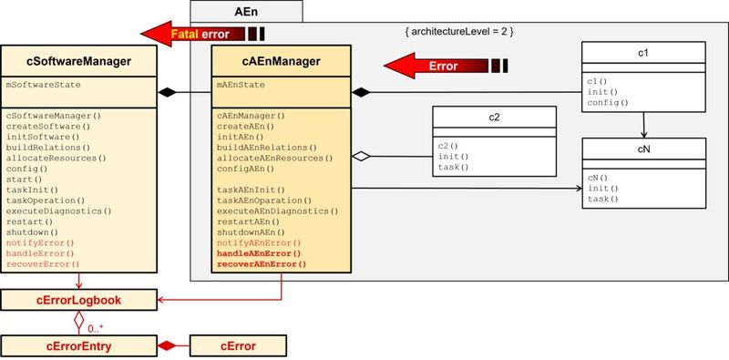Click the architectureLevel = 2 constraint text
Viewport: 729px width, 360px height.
(460, 32)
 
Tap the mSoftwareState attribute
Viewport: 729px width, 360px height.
(43, 84)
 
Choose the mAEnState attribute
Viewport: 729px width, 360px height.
(242, 84)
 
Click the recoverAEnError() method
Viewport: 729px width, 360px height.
(262, 264)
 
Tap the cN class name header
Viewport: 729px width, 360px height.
(643, 148)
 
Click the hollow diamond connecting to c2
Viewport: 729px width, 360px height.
(362, 157)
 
